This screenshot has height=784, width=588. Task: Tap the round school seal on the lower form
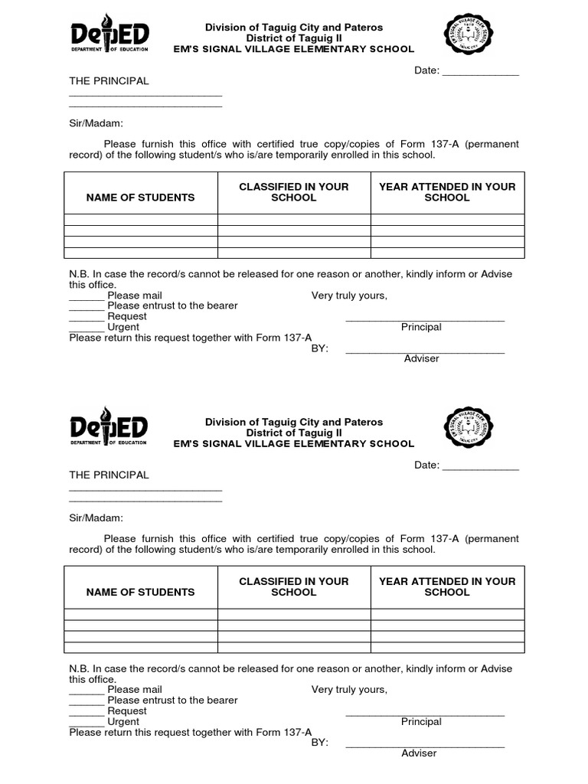(469, 429)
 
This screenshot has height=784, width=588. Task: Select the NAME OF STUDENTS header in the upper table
(140, 198)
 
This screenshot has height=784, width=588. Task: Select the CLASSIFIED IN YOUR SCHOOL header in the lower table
(294, 586)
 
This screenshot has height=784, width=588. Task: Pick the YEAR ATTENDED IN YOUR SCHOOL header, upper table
(447, 192)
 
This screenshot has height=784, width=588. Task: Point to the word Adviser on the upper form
(421, 358)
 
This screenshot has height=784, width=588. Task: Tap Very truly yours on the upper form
(349, 296)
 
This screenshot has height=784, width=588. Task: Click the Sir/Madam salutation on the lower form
(96, 518)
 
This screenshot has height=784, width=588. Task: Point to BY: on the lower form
(319, 743)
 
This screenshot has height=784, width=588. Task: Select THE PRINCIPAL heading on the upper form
(109, 81)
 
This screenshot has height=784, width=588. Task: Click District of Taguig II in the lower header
(294, 433)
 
